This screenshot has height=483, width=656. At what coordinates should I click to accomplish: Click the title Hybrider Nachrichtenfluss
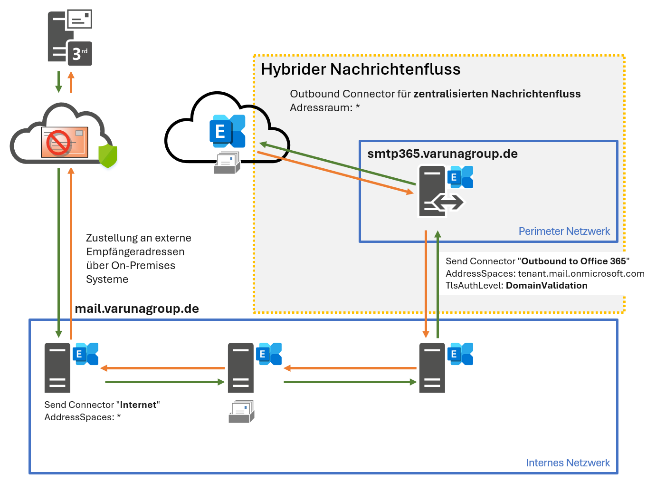tap(361, 69)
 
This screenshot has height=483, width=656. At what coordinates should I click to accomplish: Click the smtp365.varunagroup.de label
tap(442, 154)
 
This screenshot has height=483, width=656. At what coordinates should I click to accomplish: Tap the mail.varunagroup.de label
tap(137, 309)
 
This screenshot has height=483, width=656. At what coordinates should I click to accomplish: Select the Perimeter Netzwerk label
tap(564, 232)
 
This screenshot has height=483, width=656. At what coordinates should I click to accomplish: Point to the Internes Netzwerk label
tap(568, 463)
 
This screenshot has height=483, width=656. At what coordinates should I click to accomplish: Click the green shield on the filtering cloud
tap(108, 156)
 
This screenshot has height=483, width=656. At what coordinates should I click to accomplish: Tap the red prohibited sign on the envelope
tap(58, 143)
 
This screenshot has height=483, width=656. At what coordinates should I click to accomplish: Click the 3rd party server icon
tap(69, 38)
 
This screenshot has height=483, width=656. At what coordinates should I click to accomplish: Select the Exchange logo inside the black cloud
tap(227, 131)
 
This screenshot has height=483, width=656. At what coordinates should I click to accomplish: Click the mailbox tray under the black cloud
tap(227, 163)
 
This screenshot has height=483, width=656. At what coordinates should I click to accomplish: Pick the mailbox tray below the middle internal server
tap(241, 412)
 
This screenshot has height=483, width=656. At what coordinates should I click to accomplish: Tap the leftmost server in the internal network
tap(57, 367)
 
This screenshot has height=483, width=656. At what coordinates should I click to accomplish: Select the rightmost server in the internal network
tap(432, 367)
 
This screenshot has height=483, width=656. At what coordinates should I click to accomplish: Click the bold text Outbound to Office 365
tap(573, 261)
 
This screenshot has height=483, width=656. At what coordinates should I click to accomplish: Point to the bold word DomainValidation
tap(546, 286)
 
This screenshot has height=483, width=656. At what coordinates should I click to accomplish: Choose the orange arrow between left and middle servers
tap(162, 368)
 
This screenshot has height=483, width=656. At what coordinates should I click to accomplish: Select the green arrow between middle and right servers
tap(350, 382)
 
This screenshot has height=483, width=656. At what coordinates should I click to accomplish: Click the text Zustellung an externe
tap(138, 238)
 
